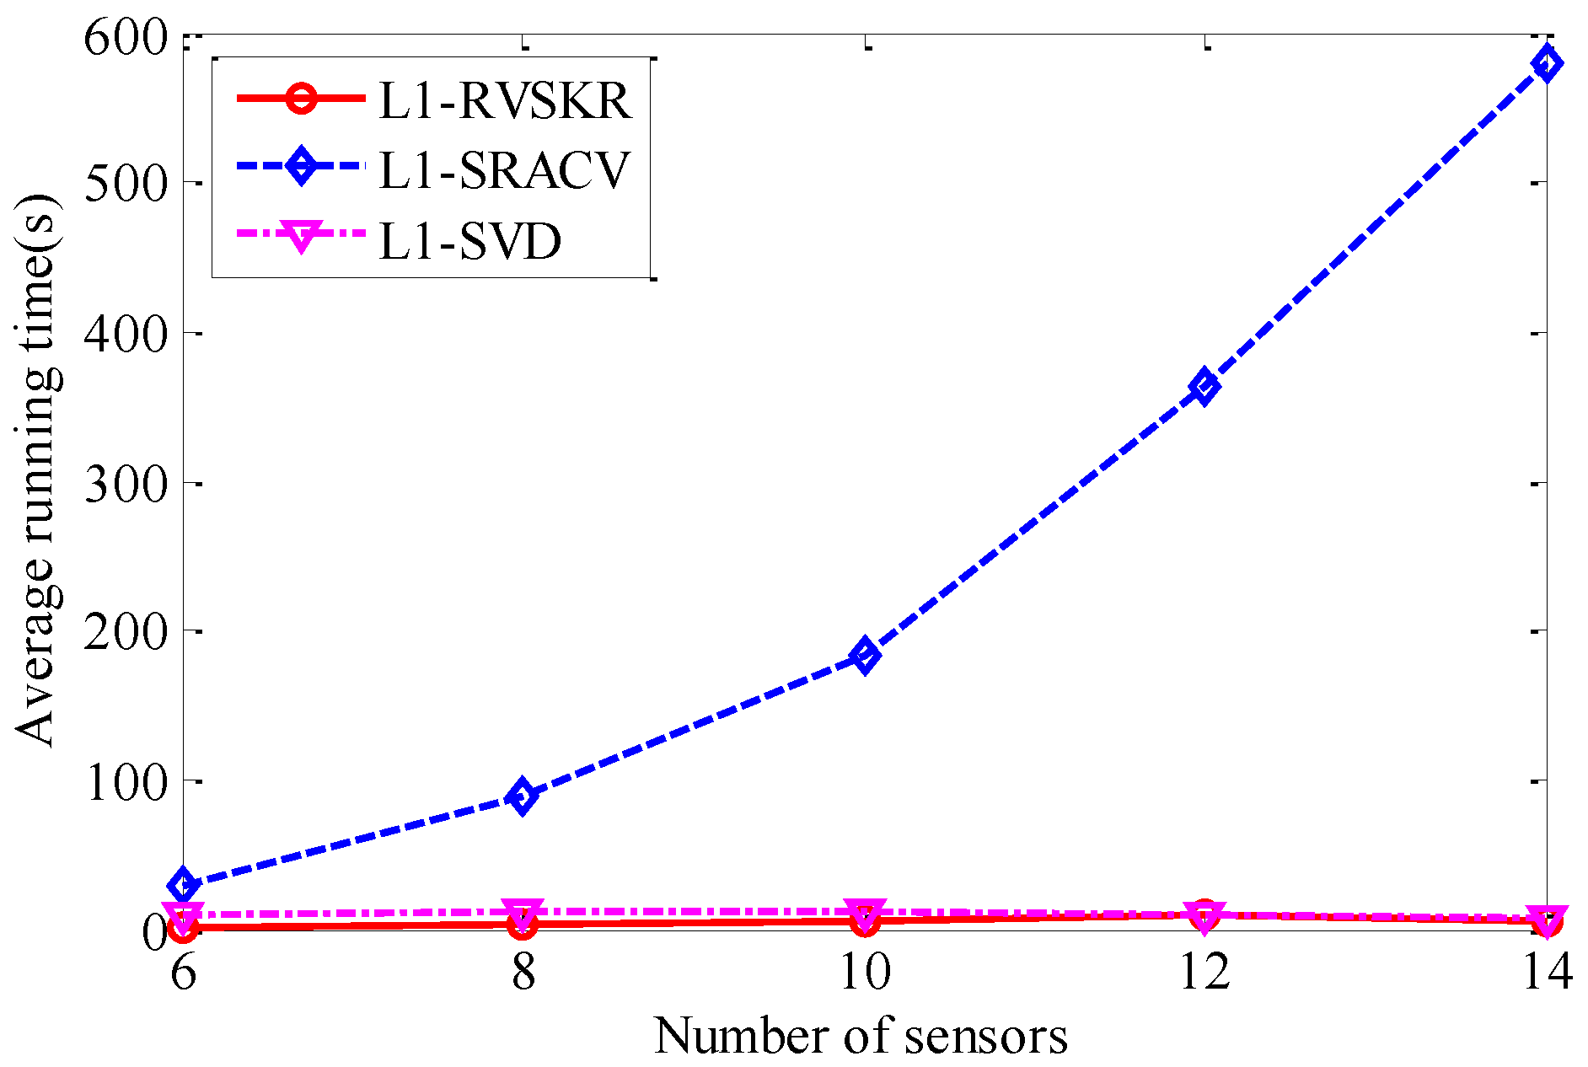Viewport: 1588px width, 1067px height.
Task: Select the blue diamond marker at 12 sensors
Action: click(1204, 387)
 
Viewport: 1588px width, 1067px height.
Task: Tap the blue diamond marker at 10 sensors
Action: click(865, 654)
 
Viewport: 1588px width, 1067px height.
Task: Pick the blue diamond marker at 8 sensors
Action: click(523, 796)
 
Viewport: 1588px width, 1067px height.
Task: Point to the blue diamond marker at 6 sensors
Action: click(183, 885)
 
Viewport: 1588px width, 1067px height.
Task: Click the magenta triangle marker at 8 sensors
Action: click(523, 912)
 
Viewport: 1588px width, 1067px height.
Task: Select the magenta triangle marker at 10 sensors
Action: click(865, 911)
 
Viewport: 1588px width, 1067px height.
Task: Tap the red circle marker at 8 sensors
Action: click(523, 925)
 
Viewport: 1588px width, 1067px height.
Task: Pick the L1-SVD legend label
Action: click(470, 242)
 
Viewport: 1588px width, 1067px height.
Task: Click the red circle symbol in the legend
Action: click(301, 99)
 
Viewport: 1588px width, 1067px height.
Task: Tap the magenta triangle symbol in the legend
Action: click(301, 236)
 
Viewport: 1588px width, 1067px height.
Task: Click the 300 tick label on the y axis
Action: click(126, 485)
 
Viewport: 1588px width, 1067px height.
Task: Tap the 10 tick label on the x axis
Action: click(865, 972)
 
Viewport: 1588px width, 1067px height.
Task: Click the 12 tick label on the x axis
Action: click(1204, 972)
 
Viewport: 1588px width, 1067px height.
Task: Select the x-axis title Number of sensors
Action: click(861, 1035)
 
